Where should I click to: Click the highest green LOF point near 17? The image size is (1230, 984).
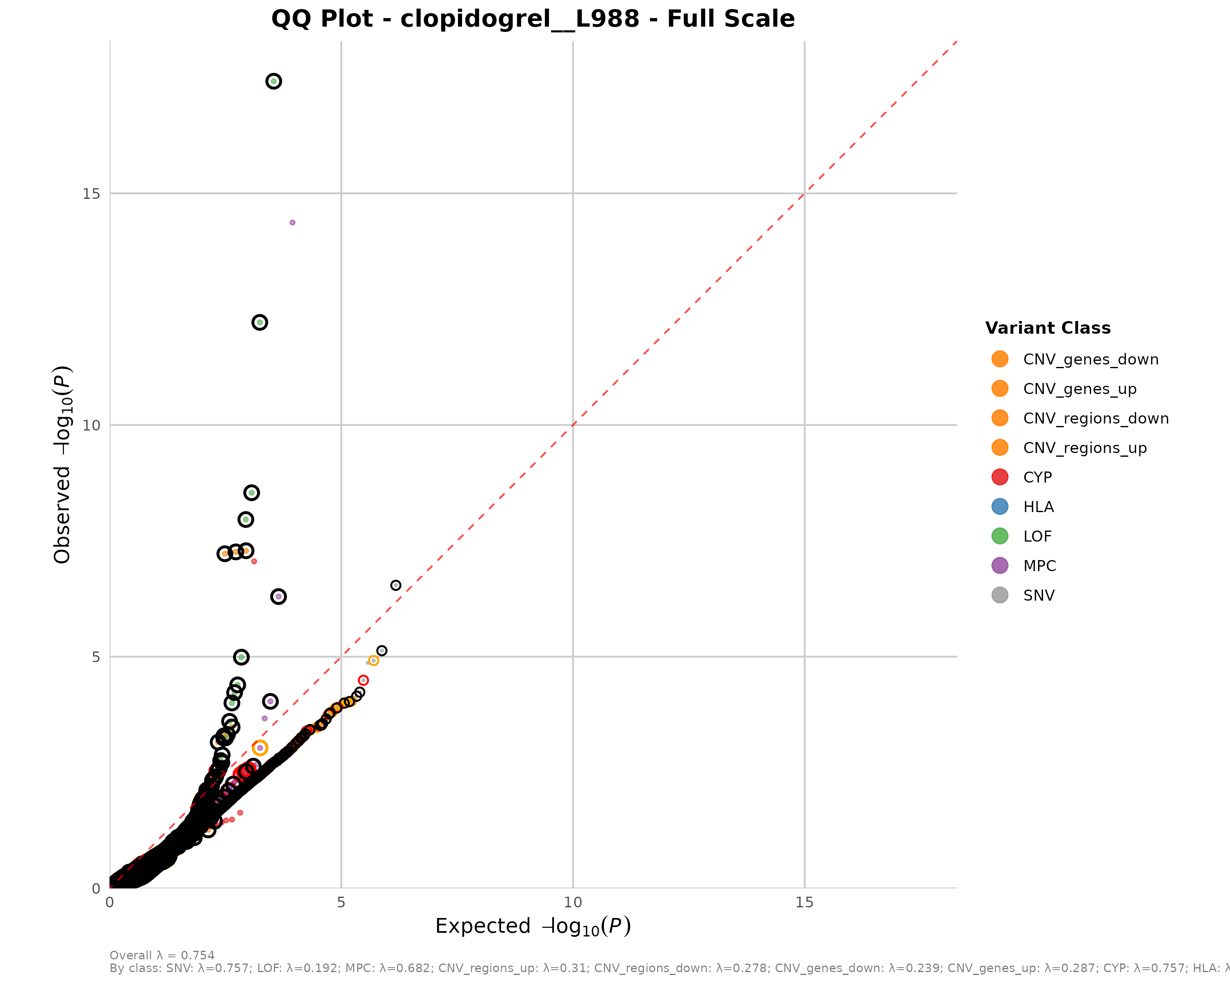tap(274, 82)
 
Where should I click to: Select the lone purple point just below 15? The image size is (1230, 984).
tap(292, 223)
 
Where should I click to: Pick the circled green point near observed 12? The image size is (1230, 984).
tap(260, 322)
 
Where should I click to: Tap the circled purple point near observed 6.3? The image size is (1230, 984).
tap(278, 597)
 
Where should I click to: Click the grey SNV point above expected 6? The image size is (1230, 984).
tap(395, 585)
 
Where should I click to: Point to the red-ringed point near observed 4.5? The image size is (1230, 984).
tap(363, 680)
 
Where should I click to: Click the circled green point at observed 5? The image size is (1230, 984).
tap(241, 657)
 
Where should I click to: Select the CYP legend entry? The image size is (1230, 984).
tap(1037, 478)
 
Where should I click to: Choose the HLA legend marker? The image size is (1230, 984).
tap(1000, 506)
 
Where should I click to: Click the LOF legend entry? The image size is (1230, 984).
tap(1037, 536)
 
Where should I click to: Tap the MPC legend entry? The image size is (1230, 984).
tap(1039, 566)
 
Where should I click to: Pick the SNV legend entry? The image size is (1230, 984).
tap(1038, 596)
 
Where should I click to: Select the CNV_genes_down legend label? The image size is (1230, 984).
tap(1090, 360)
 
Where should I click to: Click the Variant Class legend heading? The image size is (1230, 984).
tap(1048, 328)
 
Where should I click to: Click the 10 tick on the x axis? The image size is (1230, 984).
tap(573, 902)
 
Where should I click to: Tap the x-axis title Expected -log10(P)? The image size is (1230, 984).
tap(533, 926)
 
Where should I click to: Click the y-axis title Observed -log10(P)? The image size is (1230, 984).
tap(62, 465)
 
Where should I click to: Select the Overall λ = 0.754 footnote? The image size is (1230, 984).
tap(162, 955)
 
